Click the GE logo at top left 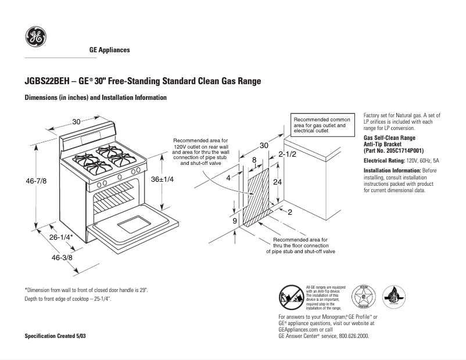tap(35, 38)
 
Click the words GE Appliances tap(109, 50)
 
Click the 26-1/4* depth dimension tap(61, 237)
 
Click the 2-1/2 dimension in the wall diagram tap(287, 154)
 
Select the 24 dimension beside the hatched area tap(278, 182)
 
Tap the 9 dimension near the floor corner tap(234, 221)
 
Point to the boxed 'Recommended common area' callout tap(322, 125)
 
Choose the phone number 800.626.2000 tap(353, 336)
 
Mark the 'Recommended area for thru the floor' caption tap(300, 246)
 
